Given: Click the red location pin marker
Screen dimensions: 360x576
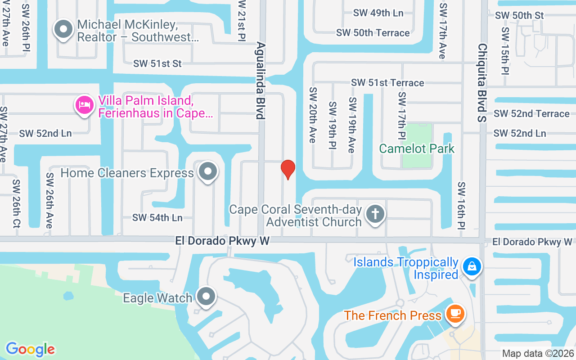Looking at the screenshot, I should coord(288,170).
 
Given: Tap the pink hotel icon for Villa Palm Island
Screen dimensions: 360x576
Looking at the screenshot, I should coord(84,105).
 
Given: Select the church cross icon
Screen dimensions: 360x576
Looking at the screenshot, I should coord(375,213).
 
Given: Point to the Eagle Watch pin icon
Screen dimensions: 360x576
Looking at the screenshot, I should coord(207,297).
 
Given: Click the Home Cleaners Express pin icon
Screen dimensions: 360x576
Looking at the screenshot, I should coord(208,171).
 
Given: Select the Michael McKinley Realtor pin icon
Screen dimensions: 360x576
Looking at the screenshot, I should coord(63,30).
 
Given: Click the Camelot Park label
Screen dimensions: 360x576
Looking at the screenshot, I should coord(417,148).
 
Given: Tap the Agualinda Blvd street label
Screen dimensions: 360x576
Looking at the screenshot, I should coord(260,81).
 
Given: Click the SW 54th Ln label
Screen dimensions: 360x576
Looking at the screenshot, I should coord(157,218).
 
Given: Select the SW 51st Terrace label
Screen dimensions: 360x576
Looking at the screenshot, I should coord(387,83).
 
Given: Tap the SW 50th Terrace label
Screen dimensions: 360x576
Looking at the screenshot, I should coord(373,33).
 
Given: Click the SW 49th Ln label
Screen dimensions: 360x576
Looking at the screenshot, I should coord(378,13).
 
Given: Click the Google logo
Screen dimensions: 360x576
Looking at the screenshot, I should coord(30,349).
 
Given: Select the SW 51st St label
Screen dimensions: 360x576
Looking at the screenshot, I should coord(157,63).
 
